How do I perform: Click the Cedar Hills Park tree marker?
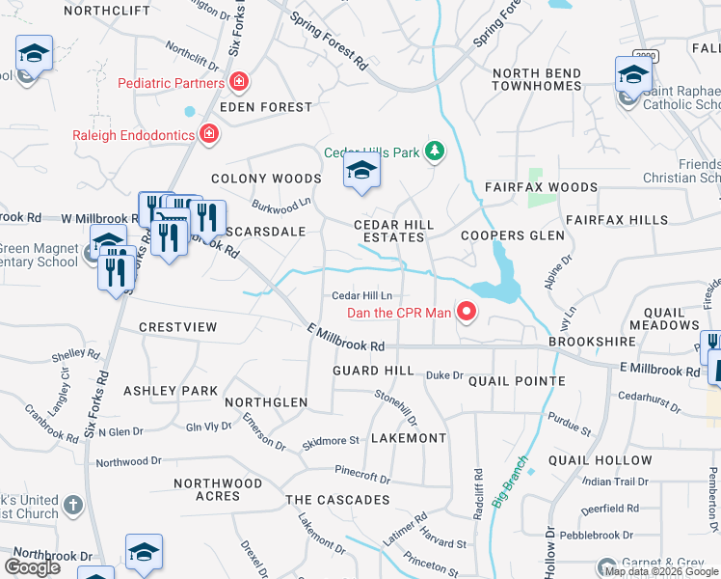436,151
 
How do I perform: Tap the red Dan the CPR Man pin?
467,311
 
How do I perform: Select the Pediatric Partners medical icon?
238,83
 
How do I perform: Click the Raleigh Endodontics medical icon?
208,134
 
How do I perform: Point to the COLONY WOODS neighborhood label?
265,179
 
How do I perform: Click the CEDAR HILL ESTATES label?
393,232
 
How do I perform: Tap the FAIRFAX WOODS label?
541,187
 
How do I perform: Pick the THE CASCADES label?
337,500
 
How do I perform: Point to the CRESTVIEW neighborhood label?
178,327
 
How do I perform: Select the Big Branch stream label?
511,480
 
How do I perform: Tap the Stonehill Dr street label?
396,407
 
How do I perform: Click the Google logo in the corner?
32,567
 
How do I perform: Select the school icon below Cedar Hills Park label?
361,172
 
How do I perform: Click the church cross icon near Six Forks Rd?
73,505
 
